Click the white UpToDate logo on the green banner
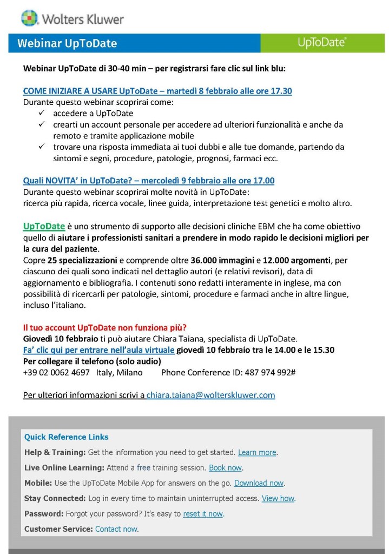click(322, 43)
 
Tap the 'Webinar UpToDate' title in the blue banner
click(67, 43)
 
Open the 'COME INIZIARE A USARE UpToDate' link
click(157, 91)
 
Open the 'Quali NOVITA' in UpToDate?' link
click(148, 181)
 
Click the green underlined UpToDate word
click(44, 226)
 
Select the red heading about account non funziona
click(105, 328)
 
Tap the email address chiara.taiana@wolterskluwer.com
click(210, 395)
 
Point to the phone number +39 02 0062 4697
click(56, 372)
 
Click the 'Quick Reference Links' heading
click(66, 437)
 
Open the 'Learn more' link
click(257, 452)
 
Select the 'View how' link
click(278, 498)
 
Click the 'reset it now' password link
click(203, 514)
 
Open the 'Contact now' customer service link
click(116, 529)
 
